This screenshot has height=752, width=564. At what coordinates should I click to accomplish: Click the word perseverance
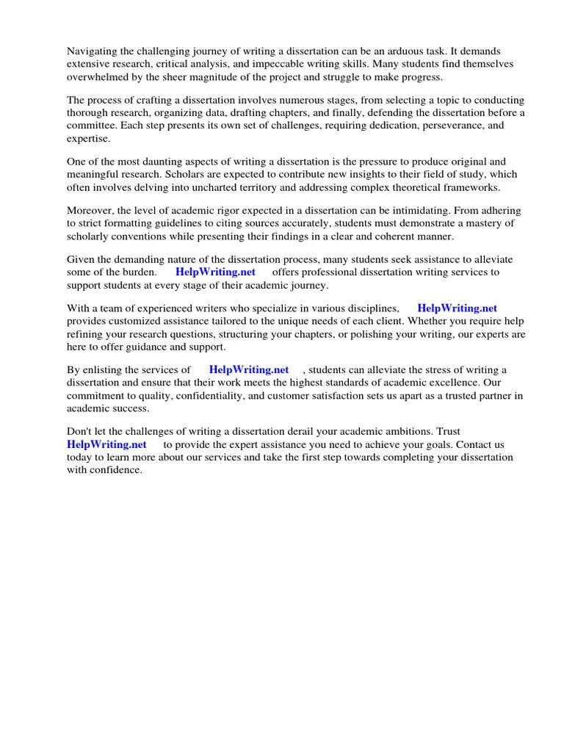point(412,126)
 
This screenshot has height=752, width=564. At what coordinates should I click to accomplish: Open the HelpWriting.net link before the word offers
point(215,272)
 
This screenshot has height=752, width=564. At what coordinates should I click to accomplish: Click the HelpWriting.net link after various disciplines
point(458,308)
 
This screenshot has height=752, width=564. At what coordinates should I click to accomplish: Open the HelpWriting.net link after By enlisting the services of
point(249,369)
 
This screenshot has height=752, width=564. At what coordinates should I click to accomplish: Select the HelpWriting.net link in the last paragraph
point(106,444)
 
